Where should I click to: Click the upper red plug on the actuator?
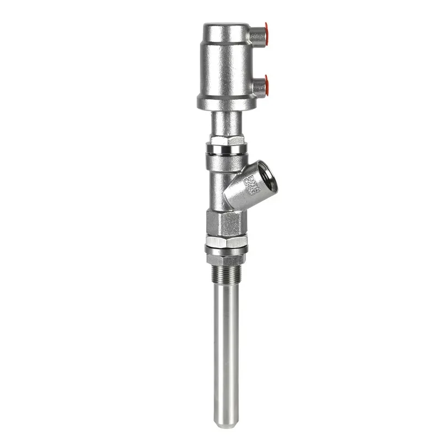(266, 30)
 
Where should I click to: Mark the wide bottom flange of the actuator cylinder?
(226, 102)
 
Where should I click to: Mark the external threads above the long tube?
(226, 275)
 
